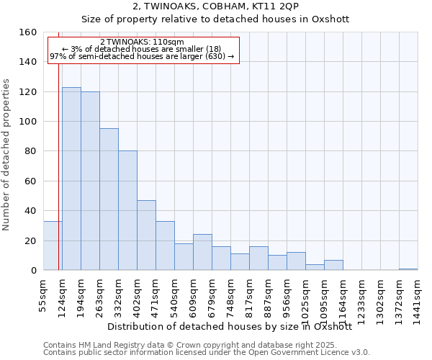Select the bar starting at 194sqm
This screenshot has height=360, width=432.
[x=90, y=181]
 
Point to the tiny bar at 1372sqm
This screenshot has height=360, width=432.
[x=408, y=269]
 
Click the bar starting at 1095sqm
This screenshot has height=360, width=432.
[x=333, y=265]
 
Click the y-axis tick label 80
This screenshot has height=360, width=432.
[x=30, y=151]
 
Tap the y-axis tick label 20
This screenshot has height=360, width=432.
[x=30, y=240]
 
